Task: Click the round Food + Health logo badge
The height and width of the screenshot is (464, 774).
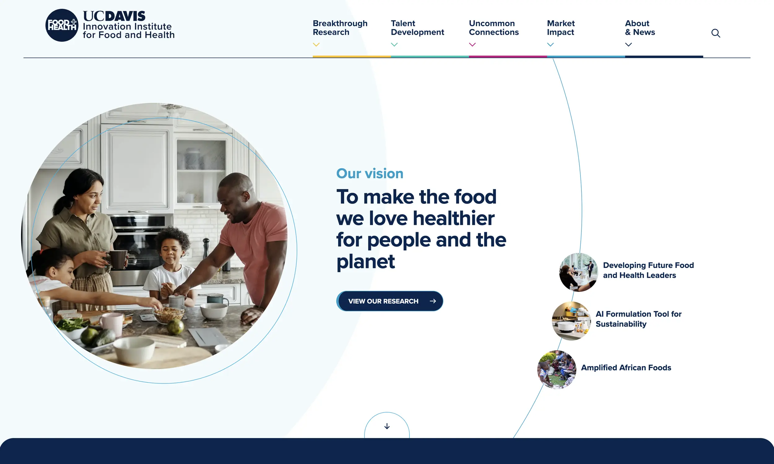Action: click(x=62, y=25)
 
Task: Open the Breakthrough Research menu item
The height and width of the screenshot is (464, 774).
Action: click(x=340, y=28)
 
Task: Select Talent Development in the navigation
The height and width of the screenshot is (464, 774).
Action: click(x=417, y=28)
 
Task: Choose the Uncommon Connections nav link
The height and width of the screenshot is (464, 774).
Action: click(x=494, y=28)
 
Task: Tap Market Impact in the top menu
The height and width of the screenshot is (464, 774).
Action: click(x=561, y=28)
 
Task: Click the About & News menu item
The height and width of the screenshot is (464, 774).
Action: click(x=640, y=28)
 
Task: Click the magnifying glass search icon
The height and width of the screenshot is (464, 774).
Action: click(x=715, y=33)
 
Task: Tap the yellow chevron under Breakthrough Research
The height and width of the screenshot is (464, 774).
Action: click(x=316, y=45)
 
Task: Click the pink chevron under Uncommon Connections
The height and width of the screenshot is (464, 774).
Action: click(x=472, y=45)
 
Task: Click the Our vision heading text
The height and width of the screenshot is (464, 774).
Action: click(x=370, y=174)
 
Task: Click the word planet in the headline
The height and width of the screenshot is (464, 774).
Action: click(x=365, y=262)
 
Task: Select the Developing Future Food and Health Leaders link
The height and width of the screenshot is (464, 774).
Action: click(x=648, y=270)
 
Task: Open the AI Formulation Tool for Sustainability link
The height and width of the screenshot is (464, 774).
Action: click(x=638, y=319)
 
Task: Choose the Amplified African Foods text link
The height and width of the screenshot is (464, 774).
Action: click(x=626, y=368)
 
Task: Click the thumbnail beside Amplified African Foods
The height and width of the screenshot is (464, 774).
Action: click(x=557, y=370)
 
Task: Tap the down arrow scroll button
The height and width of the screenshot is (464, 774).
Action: click(x=387, y=426)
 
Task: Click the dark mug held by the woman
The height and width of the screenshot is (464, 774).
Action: click(x=118, y=259)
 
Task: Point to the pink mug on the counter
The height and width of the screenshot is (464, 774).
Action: click(x=112, y=324)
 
